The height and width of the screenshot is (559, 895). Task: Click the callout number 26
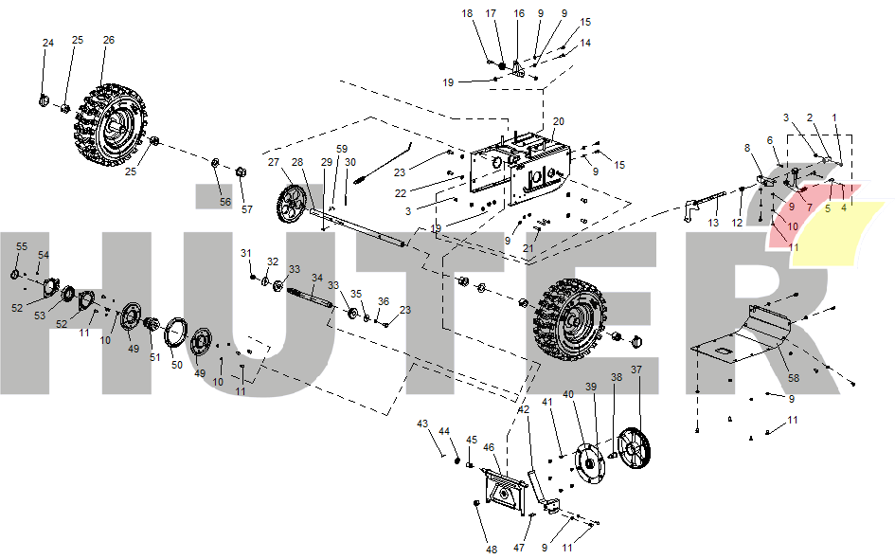[109, 40]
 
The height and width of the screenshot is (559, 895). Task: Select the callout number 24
[48, 43]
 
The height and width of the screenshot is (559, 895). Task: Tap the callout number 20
[558, 121]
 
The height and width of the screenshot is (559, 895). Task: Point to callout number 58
[794, 378]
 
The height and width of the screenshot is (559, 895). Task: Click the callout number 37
[636, 370]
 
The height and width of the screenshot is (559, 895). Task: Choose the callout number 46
[489, 447]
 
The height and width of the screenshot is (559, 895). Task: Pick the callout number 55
[22, 246]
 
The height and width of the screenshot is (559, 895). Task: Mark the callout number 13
[713, 223]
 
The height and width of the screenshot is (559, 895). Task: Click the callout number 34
[316, 278]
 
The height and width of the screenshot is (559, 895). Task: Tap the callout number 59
[341, 149]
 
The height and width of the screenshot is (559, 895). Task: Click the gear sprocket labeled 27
[292, 204]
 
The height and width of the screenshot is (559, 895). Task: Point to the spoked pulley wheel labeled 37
[634, 448]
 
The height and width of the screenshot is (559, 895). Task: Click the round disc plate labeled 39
[590, 463]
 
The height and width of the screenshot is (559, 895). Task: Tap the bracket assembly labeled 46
[505, 491]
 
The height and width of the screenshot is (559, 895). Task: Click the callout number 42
[524, 410]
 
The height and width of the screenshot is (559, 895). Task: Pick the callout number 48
[492, 550]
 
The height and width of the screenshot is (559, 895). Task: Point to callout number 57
[246, 209]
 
